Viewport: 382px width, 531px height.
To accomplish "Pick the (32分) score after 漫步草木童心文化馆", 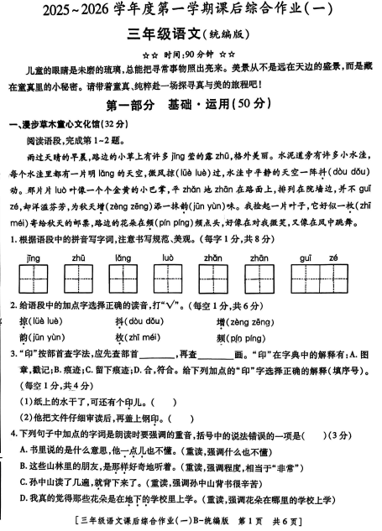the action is pos(127,125).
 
